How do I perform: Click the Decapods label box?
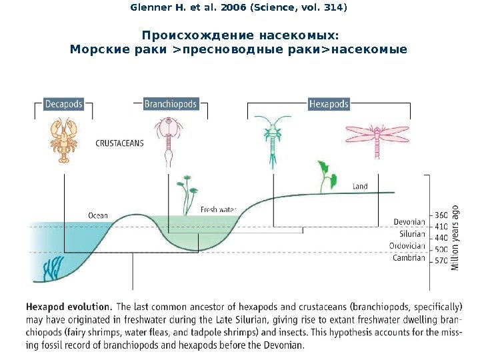coord(64,104)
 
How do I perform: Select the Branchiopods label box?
coord(171,104)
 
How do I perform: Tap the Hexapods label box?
coord(329,104)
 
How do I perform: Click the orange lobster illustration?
coord(65,141)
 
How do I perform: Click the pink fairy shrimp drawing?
coord(167,140)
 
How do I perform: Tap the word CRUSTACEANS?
coord(120,143)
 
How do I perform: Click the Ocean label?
coord(98,215)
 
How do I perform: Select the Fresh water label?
coord(218,209)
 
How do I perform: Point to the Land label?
coord(360,187)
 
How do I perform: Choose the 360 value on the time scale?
coord(441,215)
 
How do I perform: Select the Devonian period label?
coord(409,222)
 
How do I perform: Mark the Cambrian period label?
coord(409,258)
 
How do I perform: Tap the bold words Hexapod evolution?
coord(69,307)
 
